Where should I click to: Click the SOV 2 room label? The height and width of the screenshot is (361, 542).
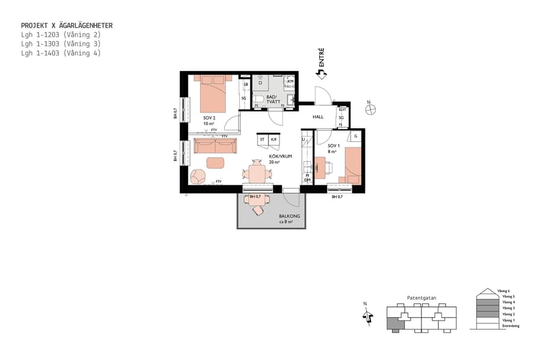pos(209,118)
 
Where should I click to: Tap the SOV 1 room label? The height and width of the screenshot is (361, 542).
pos(334,146)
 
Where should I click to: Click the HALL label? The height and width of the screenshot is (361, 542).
pos(318,117)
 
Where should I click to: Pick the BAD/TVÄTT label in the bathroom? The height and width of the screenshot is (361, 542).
pos(272,99)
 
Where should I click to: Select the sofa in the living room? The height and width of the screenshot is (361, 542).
pos(215,147)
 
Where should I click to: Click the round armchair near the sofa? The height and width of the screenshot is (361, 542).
pos(198,176)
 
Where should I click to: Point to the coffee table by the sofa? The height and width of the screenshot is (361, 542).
pos(215,162)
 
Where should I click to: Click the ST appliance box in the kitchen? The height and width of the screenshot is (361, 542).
pos(262,139)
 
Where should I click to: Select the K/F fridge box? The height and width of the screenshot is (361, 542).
pos(273,139)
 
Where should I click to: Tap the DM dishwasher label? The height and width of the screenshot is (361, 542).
pos(307,180)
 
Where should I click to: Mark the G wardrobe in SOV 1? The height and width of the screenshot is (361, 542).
pos(356,137)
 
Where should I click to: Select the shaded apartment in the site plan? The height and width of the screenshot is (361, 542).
pos(394,324)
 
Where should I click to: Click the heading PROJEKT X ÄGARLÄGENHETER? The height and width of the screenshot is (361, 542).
pos(67,26)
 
